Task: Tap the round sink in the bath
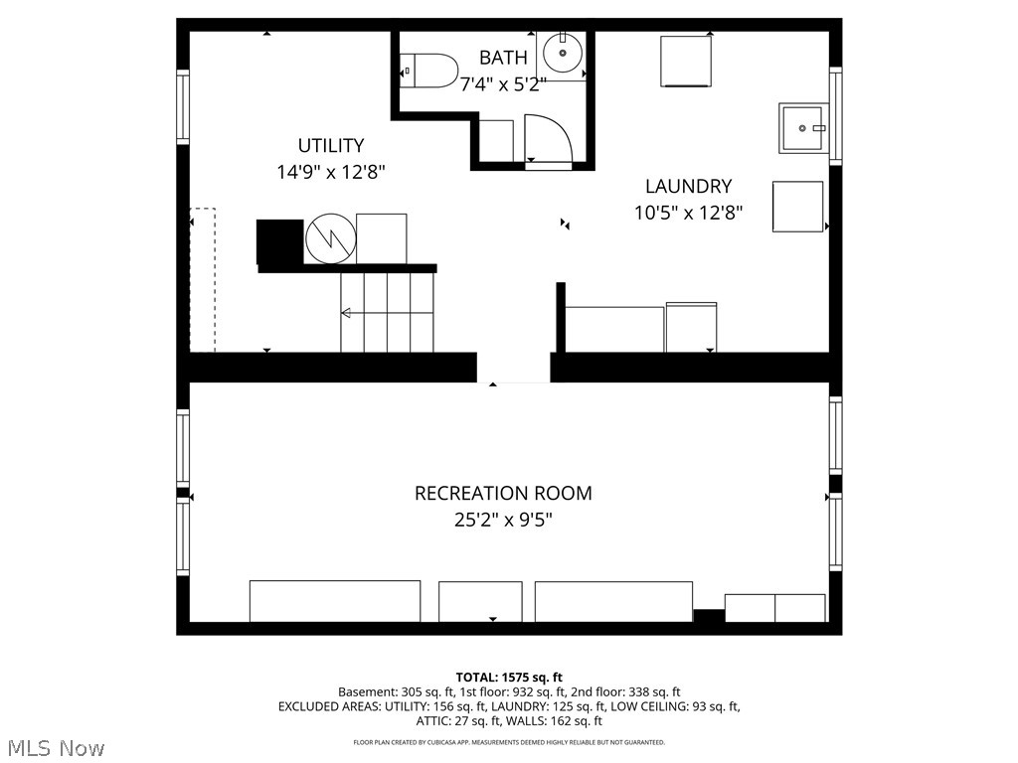(563, 53)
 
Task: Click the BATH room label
(503, 58)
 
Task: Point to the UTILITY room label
(331, 145)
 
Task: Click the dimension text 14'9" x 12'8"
(331, 172)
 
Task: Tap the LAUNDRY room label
(688, 186)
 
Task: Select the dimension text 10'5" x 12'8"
(688, 212)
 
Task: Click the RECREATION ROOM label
(503, 493)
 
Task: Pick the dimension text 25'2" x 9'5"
(503, 519)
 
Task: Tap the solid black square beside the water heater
(279, 241)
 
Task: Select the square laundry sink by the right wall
(803, 128)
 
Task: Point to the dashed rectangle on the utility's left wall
(202, 280)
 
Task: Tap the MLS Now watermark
(56, 747)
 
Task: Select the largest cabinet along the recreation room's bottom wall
(335, 601)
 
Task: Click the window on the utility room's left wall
(183, 107)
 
